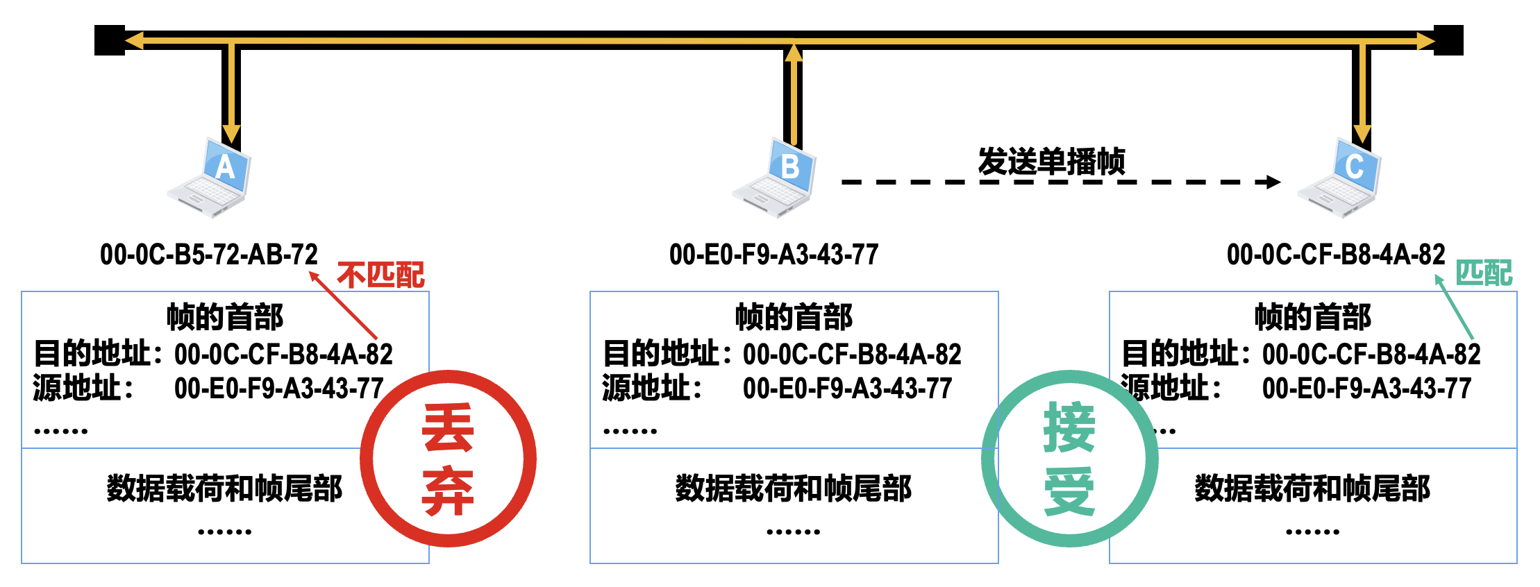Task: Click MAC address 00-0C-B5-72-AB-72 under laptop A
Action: [208, 255]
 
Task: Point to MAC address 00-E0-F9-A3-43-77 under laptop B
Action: [773, 255]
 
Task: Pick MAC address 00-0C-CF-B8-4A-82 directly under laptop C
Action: [1335, 255]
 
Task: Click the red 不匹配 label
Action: [380, 275]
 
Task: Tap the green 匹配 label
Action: [1484, 273]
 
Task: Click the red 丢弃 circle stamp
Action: [448, 459]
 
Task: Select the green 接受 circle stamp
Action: [1069, 459]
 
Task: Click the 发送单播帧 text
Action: [1051, 161]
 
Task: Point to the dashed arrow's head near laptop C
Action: [1273, 182]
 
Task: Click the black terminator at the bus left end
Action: [109, 40]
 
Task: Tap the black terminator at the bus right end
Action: [1449, 40]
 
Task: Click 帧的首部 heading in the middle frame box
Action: [794, 317]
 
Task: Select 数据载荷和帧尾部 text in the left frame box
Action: [224, 488]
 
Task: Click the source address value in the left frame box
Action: [278, 389]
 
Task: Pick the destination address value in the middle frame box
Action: [852, 355]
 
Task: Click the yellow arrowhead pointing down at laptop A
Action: [231, 133]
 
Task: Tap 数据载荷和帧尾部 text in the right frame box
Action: [1312, 488]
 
